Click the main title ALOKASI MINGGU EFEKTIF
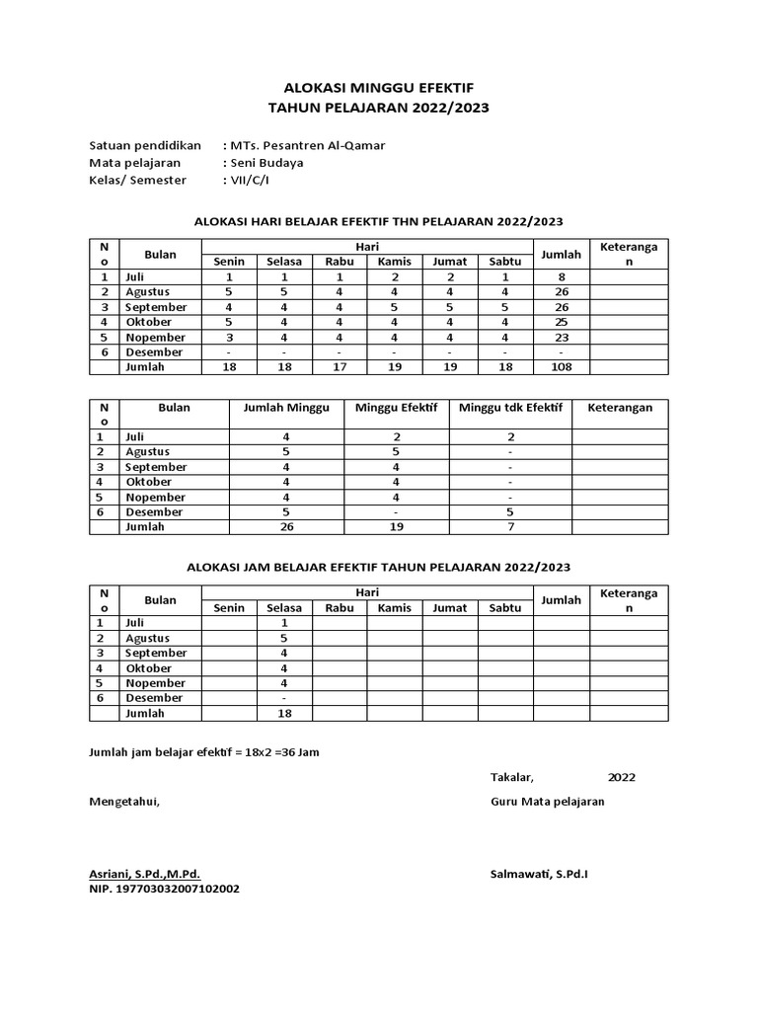pos(378,88)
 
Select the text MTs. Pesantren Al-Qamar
pos(307,145)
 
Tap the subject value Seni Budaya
pos(266,163)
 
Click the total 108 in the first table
pos(561,366)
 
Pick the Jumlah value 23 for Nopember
pos(561,337)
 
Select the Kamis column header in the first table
pos(394,262)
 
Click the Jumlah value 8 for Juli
pos(561,277)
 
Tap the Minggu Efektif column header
pos(396,407)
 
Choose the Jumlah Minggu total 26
pos(286,526)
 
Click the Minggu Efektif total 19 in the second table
pos(396,526)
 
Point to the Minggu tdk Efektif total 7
pos(510,526)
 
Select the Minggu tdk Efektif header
pos(510,407)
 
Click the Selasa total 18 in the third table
pos(284,713)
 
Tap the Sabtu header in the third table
pos(505,608)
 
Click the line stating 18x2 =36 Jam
pos(204,752)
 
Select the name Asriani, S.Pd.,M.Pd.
pos(144,874)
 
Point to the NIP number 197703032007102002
pos(164,889)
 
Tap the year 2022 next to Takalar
pos(622,777)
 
